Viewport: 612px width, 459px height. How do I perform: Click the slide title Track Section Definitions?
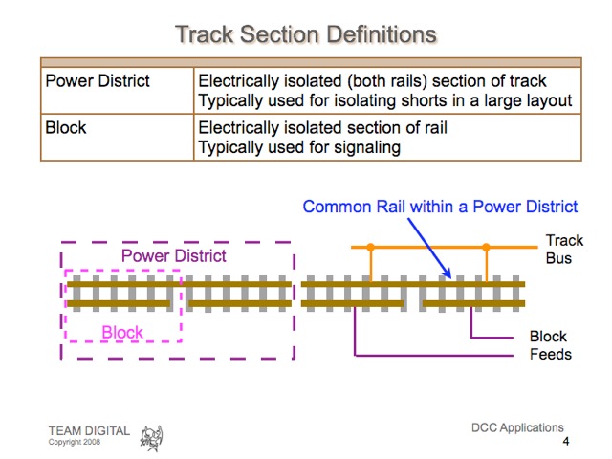[306, 34]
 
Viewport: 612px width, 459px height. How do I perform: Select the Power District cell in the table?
[98, 80]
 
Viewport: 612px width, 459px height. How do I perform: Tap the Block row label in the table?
[66, 127]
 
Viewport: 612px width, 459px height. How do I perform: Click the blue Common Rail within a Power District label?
[440, 206]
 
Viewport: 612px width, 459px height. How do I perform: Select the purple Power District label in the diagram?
[173, 255]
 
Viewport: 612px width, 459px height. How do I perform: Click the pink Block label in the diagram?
[122, 333]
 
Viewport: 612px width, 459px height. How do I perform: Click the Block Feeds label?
[550, 345]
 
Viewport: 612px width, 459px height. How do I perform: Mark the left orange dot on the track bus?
[371, 247]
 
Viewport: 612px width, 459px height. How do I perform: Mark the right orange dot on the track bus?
[486, 247]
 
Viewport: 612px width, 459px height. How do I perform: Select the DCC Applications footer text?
[517, 427]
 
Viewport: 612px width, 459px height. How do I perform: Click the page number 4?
[566, 442]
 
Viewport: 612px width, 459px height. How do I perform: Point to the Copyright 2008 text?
[75, 443]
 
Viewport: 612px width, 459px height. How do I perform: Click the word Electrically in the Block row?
[237, 127]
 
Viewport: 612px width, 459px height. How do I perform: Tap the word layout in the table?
[549, 100]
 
